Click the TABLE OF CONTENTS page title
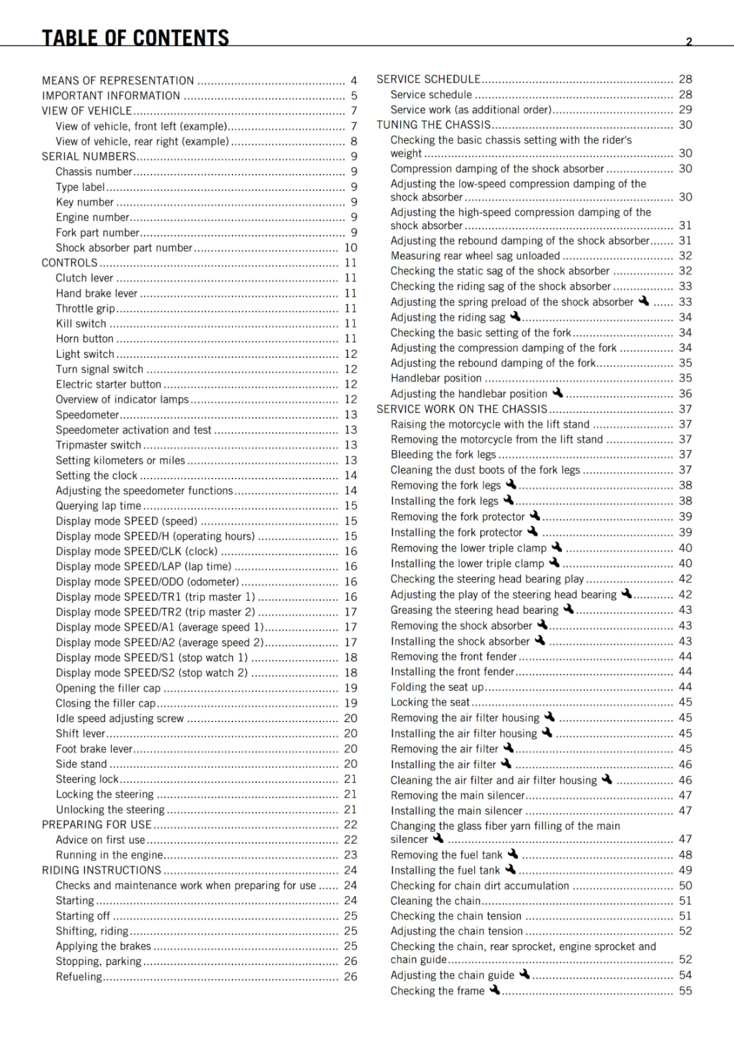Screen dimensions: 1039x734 coord(135,38)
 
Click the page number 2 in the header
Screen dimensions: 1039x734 coord(689,42)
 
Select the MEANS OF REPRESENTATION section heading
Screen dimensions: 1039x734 coord(118,81)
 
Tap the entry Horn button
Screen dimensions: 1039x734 coord(84,338)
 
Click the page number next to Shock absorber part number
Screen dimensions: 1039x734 coord(351,247)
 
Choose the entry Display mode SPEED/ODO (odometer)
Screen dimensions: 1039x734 coord(147,582)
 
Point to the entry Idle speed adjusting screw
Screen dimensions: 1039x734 coord(120,718)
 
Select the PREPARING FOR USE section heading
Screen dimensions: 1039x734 coord(96,824)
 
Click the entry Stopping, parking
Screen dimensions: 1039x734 coord(98,961)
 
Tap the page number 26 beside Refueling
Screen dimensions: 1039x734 coord(351,977)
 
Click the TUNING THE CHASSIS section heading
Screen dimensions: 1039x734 coord(433,125)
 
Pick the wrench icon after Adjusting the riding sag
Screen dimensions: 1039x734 coord(515,316)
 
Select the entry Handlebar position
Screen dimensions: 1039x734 coord(436,378)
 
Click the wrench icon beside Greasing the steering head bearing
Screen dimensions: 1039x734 coord(568,609)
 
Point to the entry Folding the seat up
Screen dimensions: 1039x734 coord(437,687)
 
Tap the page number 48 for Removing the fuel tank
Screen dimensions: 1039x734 coord(685,855)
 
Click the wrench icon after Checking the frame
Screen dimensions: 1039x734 coord(495,990)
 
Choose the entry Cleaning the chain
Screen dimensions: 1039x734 coord(435,901)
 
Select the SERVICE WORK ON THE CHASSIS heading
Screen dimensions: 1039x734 coord(462,409)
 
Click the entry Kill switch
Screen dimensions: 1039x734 coord(81,323)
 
